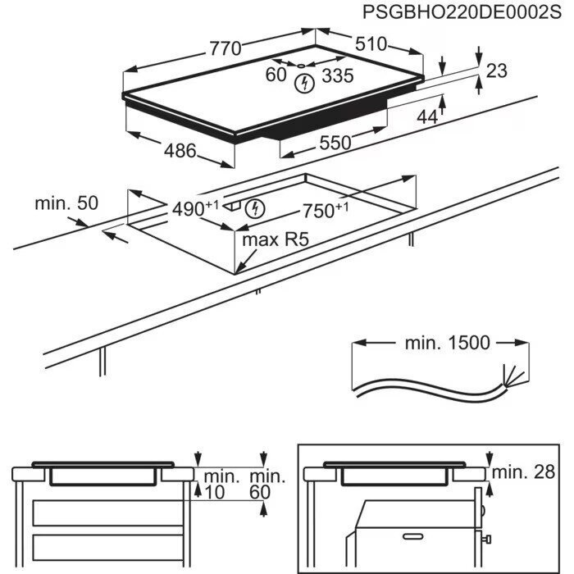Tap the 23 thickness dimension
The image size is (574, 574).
tap(497, 71)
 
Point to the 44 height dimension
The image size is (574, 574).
tap(427, 117)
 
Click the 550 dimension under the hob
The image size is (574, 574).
tap(335, 143)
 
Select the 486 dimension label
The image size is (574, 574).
tap(180, 151)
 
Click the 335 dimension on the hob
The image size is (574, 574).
tap(336, 76)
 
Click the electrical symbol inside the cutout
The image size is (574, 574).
tap(257, 209)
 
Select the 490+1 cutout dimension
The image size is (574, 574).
tap(195, 209)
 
